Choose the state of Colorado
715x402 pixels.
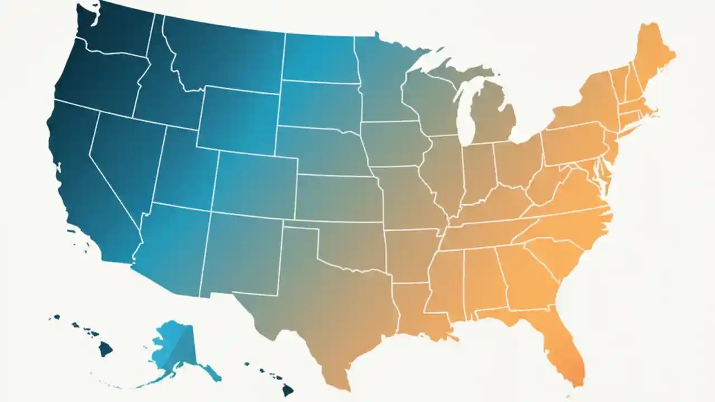[254, 184]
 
